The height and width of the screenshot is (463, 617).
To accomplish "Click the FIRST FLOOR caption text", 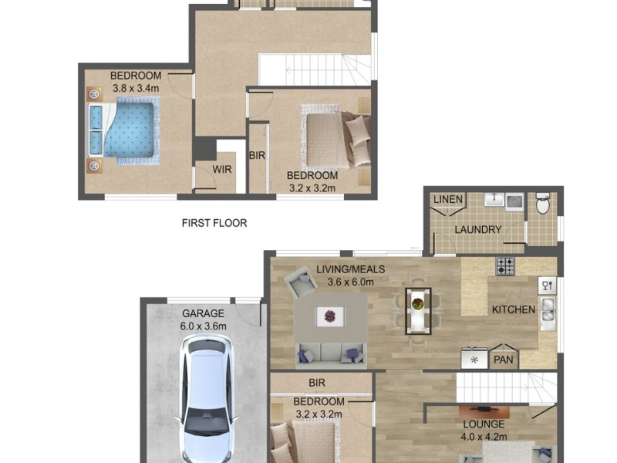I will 214,223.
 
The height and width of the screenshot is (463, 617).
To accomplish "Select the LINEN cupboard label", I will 447,200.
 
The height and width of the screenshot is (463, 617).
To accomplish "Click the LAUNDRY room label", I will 477,229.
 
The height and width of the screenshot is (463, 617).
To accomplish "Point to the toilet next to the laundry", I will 542,203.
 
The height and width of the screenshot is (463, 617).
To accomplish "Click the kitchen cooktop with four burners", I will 505,266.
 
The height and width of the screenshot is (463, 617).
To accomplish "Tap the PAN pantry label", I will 503,360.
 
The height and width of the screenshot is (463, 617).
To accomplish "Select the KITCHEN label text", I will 513,309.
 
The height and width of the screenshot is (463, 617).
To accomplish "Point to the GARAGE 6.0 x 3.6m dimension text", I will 203,319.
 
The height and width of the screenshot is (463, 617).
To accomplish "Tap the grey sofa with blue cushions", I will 331,353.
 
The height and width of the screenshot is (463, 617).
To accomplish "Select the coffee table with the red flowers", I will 330,315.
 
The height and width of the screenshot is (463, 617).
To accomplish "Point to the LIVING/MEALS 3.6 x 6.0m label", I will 350,275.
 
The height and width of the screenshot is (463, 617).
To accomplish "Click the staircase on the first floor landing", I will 315,71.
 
